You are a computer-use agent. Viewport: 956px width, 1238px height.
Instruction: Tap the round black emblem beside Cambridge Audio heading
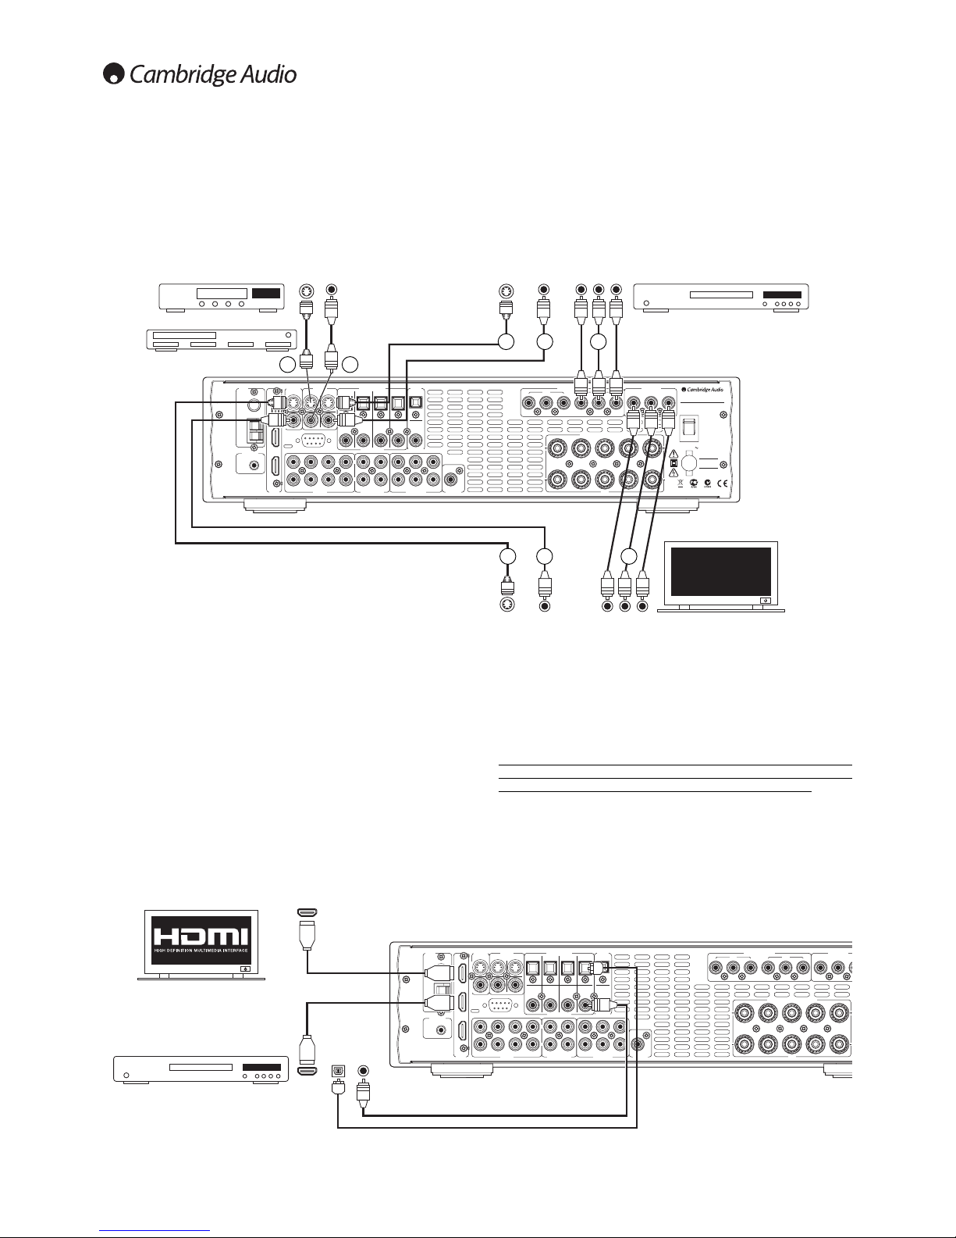pyautogui.click(x=113, y=74)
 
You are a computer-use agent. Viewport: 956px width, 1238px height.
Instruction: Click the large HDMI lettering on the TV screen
pyautogui.click(x=201, y=936)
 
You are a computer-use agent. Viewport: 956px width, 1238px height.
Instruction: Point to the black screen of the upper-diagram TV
pyautogui.click(x=721, y=572)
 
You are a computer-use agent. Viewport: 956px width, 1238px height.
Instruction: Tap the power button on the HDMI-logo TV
pyautogui.click(x=245, y=969)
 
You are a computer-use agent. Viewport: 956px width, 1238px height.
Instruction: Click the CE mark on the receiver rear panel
pyautogui.click(x=722, y=484)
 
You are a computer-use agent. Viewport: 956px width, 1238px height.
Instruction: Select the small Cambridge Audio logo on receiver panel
pyautogui.click(x=702, y=390)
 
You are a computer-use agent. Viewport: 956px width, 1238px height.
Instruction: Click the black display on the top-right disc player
pyautogui.click(x=782, y=294)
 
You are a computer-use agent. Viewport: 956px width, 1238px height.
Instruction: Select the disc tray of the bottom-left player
pyautogui.click(x=201, y=1067)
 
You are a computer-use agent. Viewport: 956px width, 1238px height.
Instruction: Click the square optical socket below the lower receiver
pyautogui.click(x=338, y=1071)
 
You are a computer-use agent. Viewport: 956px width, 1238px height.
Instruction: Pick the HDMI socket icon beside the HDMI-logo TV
pyautogui.click(x=307, y=912)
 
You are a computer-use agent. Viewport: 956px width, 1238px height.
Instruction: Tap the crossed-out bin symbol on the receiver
pyautogui.click(x=681, y=483)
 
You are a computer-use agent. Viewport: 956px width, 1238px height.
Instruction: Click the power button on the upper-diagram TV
pyautogui.click(x=766, y=601)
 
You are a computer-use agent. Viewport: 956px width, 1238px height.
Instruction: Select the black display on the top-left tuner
pyautogui.click(x=266, y=293)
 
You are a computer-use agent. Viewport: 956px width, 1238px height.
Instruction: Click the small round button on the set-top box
pyautogui.click(x=288, y=335)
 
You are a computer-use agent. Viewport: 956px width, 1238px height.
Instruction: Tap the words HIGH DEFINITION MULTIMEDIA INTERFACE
pyautogui.click(x=201, y=951)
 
